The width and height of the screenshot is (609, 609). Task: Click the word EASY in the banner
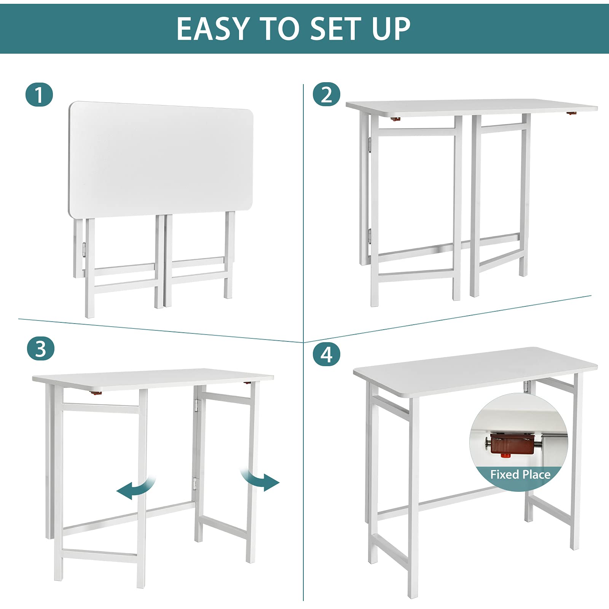[x=212, y=29]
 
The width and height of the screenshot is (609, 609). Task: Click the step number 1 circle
[x=39, y=95]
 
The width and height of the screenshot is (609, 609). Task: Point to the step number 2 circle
[x=326, y=94]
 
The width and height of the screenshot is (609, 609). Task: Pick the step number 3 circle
[x=41, y=349]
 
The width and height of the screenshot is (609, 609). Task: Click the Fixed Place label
[x=520, y=475]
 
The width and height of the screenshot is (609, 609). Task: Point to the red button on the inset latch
[x=505, y=455]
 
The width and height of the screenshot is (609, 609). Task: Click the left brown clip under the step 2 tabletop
[x=396, y=119]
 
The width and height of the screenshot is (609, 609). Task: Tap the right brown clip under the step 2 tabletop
[x=571, y=113]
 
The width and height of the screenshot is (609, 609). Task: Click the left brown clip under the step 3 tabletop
[x=97, y=391]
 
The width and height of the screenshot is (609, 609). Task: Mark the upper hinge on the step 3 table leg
[x=196, y=405]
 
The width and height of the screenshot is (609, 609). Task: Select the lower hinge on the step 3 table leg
[x=195, y=483]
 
